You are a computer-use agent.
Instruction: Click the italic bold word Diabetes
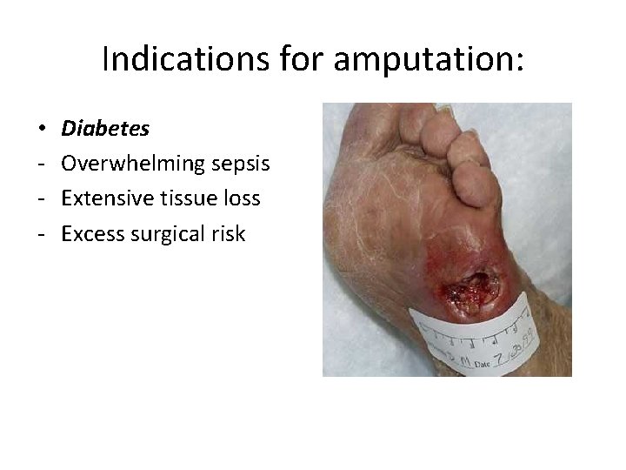pyautogui.click(x=105, y=129)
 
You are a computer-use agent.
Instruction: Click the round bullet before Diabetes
pyautogui.click(x=43, y=130)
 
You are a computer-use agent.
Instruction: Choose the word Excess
pyautogui.click(x=92, y=233)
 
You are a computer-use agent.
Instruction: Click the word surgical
pyautogui.click(x=167, y=233)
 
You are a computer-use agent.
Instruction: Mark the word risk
pyautogui.click(x=229, y=233)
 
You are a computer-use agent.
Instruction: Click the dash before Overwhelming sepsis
pyautogui.click(x=43, y=164)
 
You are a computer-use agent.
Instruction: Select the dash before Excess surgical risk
pyautogui.click(x=43, y=234)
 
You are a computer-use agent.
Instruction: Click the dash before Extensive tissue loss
pyautogui.click(x=43, y=199)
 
